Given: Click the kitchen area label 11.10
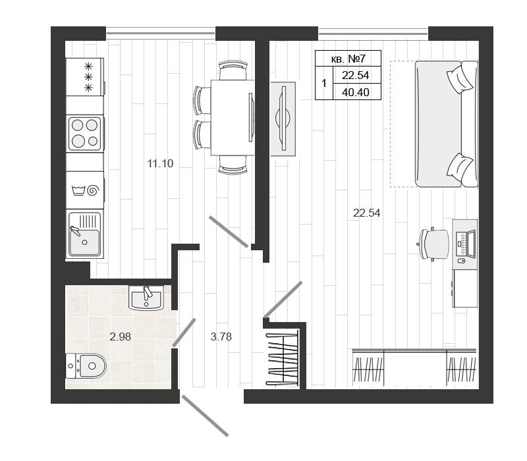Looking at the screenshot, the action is tap(160, 163).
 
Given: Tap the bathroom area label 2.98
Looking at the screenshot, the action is tap(120, 337).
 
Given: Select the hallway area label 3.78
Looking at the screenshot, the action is tap(221, 337).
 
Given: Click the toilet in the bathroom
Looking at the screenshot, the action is tap(86, 366).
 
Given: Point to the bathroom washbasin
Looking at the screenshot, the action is tap(146, 298).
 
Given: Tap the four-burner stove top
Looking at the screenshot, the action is tap(85, 134).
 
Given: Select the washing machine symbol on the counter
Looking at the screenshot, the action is tap(86, 190).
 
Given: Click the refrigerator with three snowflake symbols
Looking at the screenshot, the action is tap(86, 77).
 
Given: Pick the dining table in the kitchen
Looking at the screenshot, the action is tap(233, 117).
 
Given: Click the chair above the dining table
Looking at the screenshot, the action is tap(233, 70).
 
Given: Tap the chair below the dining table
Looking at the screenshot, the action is tap(233, 165).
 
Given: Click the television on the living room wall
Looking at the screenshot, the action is tap(283, 119).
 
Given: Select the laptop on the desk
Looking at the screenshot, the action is tap(466, 244).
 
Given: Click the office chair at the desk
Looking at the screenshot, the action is tap(433, 244).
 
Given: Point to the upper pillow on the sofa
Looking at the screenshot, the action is tap(460, 78).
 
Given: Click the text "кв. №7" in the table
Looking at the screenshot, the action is tap(348, 59).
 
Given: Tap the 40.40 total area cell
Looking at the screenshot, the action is tap(356, 92).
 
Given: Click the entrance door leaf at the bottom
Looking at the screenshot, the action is tap(205, 416).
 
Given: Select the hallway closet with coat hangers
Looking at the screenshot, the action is tap(283, 359).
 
